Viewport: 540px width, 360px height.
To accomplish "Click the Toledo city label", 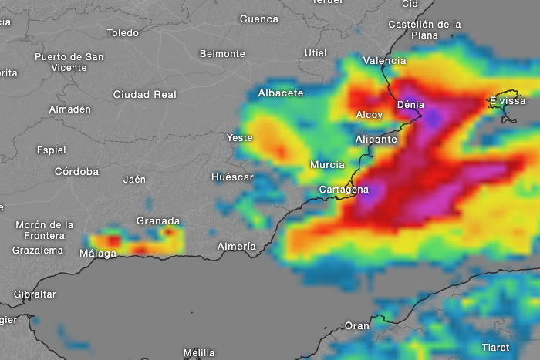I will pyautogui.click(x=123, y=33).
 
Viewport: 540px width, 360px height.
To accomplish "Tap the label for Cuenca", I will pyautogui.click(x=258, y=19).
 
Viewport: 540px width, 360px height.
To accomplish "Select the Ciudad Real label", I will pyautogui.click(x=144, y=94).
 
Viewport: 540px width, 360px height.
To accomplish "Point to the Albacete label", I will pyautogui.click(x=280, y=93).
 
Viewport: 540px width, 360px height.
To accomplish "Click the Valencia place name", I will pyautogui.click(x=384, y=60).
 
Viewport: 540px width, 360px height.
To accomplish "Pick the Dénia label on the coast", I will pyautogui.click(x=410, y=104).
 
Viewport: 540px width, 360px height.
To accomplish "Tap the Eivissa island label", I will pyautogui.click(x=507, y=101).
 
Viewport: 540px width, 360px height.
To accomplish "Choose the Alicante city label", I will pyautogui.click(x=376, y=140).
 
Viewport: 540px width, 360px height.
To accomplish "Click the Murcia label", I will pyautogui.click(x=327, y=164).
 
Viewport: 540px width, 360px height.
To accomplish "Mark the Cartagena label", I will pyautogui.click(x=344, y=190).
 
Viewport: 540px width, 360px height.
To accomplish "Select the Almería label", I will pyautogui.click(x=236, y=246).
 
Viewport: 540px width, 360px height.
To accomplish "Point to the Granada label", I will pyautogui.click(x=158, y=221).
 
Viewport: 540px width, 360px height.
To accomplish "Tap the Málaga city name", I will pyautogui.click(x=98, y=253).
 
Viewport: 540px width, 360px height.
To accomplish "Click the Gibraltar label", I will pyautogui.click(x=35, y=294).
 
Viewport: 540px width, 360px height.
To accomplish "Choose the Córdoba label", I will pyautogui.click(x=76, y=171).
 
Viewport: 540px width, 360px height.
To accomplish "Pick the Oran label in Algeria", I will pyautogui.click(x=356, y=325).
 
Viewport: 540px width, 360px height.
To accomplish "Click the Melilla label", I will pyautogui.click(x=199, y=353).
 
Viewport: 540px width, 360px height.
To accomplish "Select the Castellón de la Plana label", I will pyautogui.click(x=424, y=29).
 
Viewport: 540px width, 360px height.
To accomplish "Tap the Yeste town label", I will pyautogui.click(x=239, y=137).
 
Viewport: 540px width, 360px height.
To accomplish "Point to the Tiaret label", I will pyautogui.click(x=495, y=347).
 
